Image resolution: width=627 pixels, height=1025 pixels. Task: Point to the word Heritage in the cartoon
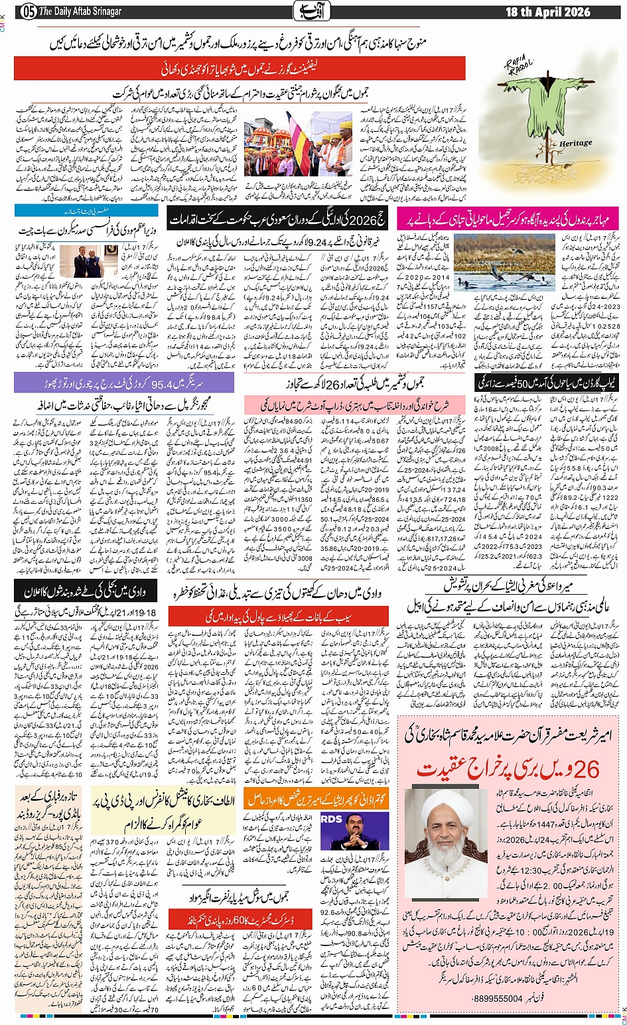575,143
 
